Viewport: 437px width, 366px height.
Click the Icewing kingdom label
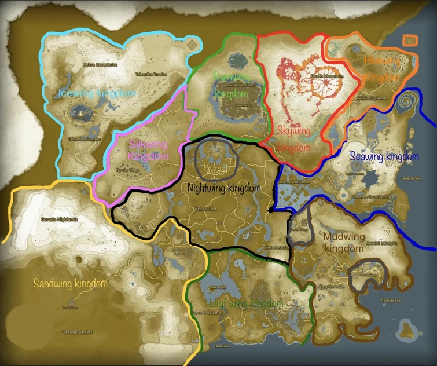(x=97, y=93)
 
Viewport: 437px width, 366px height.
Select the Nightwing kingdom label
(x=225, y=188)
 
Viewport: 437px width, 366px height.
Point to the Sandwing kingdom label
(x=71, y=283)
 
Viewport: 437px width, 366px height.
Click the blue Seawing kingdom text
(x=384, y=156)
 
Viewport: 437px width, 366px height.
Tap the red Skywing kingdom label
(x=294, y=139)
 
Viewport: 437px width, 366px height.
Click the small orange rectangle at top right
(x=410, y=40)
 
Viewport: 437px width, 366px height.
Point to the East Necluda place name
(x=332, y=287)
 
